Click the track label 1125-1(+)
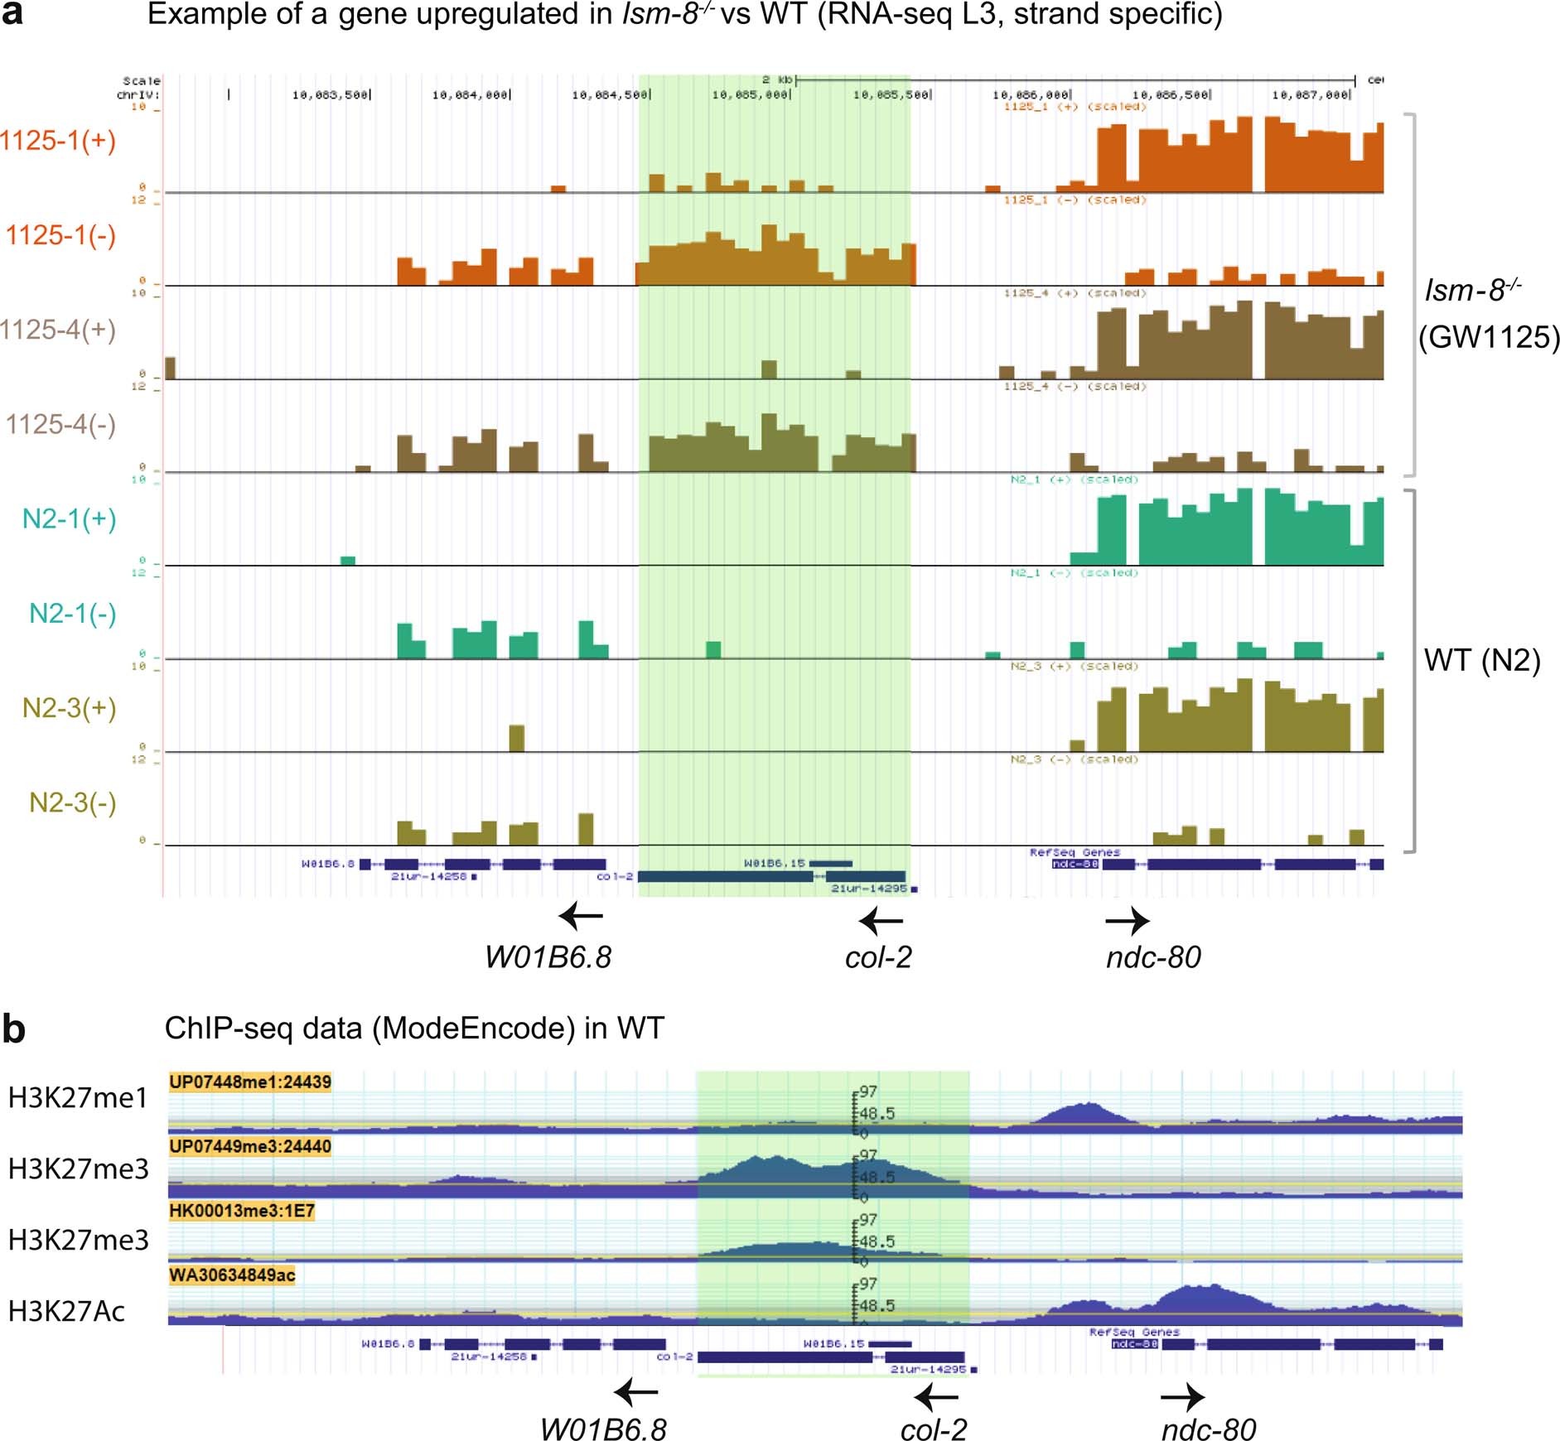[x=58, y=141]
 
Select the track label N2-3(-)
[x=72, y=802]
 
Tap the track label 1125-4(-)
[x=60, y=425]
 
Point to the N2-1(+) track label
[x=69, y=519]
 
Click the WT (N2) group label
[x=1481, y=660]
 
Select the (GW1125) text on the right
[x=1488, y=337]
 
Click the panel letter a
[x=12, y=14]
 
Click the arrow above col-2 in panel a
[x=881, y=921]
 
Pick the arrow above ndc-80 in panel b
[x=1182, y=1397]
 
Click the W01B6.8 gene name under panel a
[x=548, y=957]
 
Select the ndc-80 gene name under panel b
[x=1209, y=1430]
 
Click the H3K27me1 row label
[x=77, y=1098]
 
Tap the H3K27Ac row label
[x=66, y=1311]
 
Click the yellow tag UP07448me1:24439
[x=249, y=1082]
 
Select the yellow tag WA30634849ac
[x=232, y=1275]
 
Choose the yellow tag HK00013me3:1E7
[x=241, y=1211]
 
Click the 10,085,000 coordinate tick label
[x=750, y=95]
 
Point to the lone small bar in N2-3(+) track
[x=516, y=737]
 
